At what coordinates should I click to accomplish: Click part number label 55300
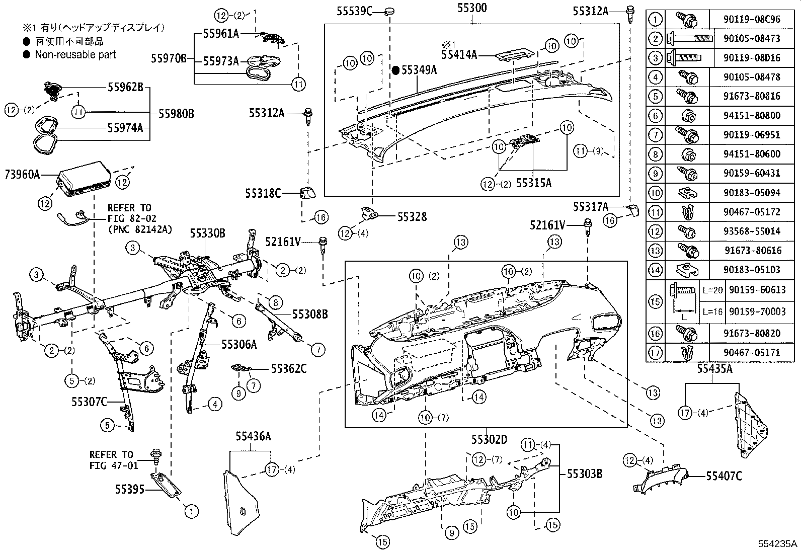click(472, 8)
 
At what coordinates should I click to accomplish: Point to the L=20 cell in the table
click(712, 290)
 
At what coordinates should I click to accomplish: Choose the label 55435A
click(714, 369)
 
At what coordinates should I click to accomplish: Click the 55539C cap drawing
click(390, 11)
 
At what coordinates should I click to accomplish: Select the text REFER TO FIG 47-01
click(113, 460)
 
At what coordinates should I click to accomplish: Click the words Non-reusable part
click(75, 55)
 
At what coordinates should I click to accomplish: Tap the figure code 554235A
click(778, 544)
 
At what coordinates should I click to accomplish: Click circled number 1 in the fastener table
click(655, 20)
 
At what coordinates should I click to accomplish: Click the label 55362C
click(288, 369)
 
